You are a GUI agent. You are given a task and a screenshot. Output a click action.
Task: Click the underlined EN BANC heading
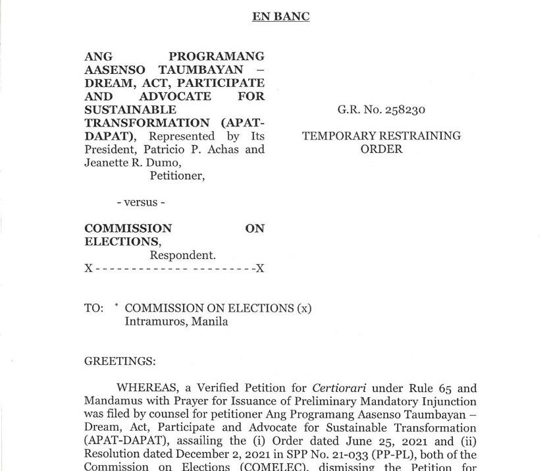point(280,17)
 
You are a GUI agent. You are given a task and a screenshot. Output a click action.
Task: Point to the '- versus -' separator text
point(137,202)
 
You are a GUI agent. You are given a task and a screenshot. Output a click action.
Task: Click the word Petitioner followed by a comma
point(177,176)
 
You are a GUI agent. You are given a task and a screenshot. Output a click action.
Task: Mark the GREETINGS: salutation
point(120,361)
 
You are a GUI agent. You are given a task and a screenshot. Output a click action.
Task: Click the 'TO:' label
point(93,308)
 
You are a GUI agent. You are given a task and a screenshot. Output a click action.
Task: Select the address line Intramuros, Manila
point(176,321)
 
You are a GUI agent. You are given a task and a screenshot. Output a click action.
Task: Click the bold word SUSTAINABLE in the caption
point(130,109)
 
